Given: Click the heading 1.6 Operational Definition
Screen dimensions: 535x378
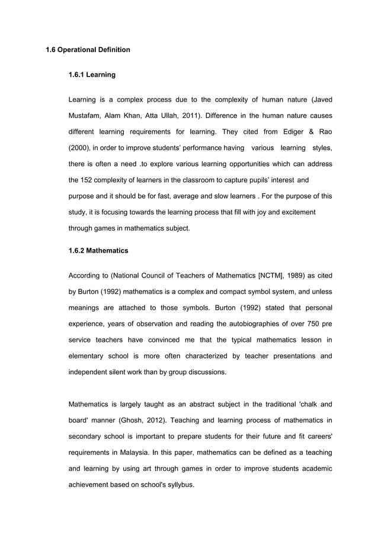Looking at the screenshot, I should (x=88, y=49).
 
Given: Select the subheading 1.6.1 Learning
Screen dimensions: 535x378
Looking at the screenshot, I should (x=92, y=75).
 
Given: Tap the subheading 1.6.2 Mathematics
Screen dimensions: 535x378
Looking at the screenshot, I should (x=98, y=251).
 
